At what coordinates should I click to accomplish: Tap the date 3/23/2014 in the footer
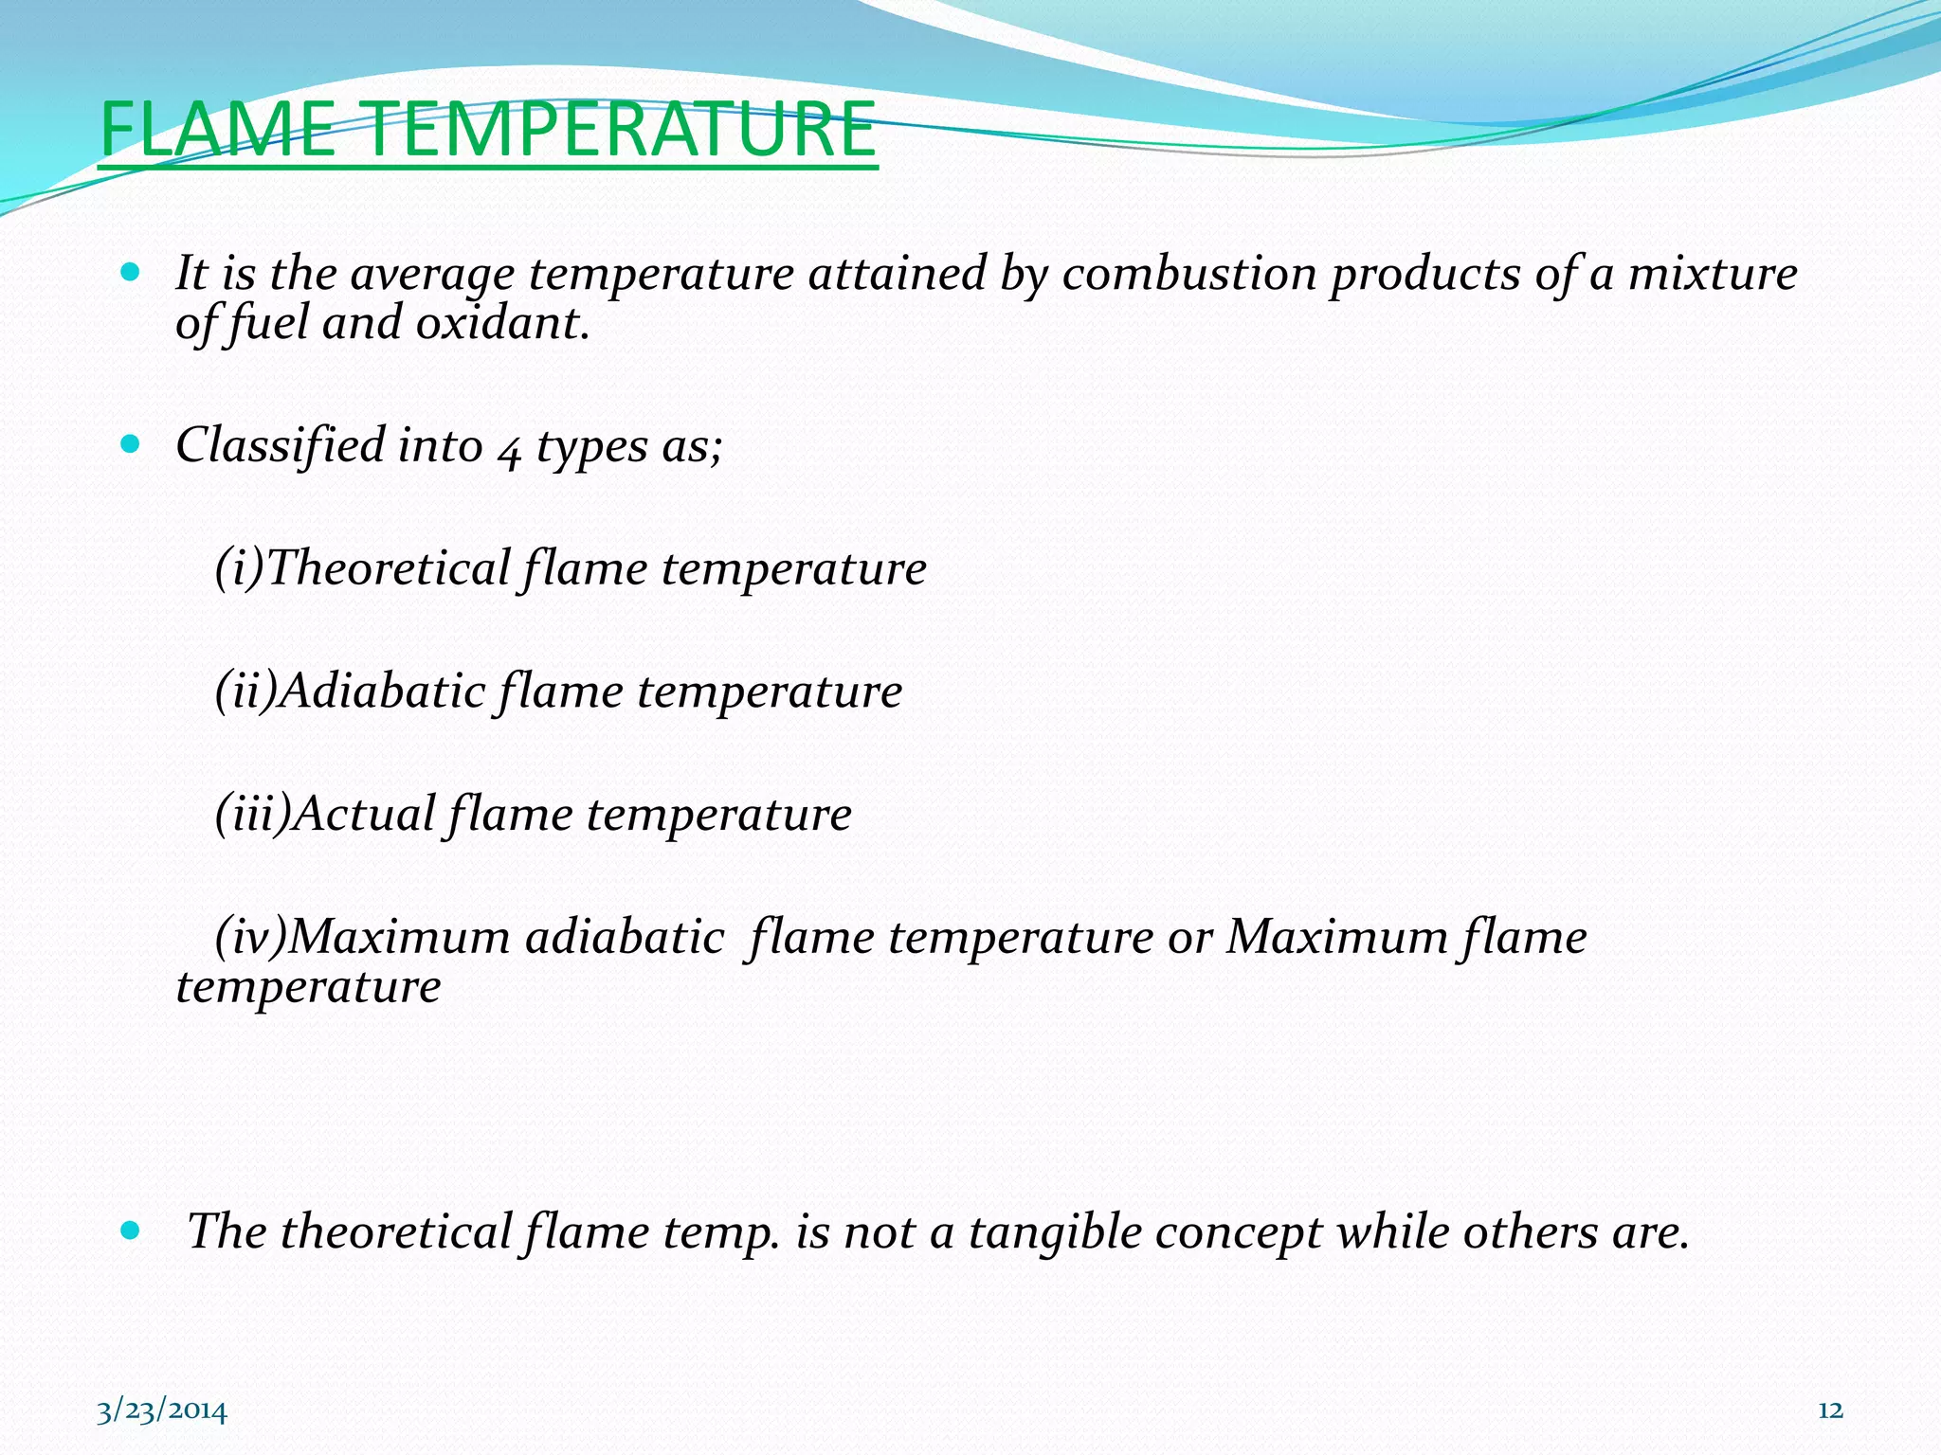162,1410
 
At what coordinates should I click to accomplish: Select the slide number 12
1830,1410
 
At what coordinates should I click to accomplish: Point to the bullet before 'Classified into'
131,443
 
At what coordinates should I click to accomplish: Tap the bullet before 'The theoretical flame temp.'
131,1230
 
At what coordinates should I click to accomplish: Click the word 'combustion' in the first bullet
1188,275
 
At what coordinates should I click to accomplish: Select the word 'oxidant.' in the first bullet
502,324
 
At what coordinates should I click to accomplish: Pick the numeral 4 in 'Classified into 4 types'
509,448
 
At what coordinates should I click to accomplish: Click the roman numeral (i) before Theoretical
239,568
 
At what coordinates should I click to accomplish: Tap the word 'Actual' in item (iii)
364,814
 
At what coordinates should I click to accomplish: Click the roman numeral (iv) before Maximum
250,937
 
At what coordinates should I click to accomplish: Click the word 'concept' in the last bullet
1239,1234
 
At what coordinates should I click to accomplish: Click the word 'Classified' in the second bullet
281,445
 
